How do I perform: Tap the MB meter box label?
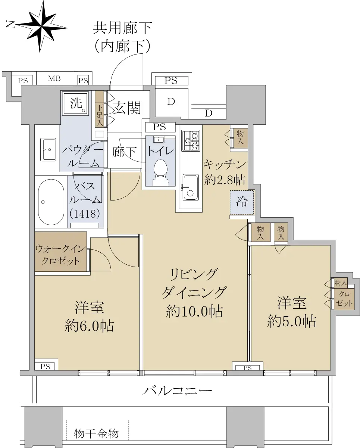coord(54,78)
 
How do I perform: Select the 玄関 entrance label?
coord(127,108)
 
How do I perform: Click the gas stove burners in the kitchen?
coord(190,140)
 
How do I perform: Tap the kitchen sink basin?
coord(190,187)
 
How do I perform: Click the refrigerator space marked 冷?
coord(242,202)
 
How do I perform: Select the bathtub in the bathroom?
coord(51,202)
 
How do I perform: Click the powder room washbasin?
coord(48,149)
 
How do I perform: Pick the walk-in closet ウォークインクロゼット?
coord(60,251)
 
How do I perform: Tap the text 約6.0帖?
coord(89,326)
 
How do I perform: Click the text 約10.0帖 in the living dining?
coord(194,311)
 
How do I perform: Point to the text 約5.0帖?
coord(292,321)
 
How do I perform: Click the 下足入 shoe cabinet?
coord(100,109)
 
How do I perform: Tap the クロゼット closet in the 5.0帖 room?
coord(344,299)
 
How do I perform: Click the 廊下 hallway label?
coord(125,152)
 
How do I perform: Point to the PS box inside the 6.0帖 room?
coord(46,366)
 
